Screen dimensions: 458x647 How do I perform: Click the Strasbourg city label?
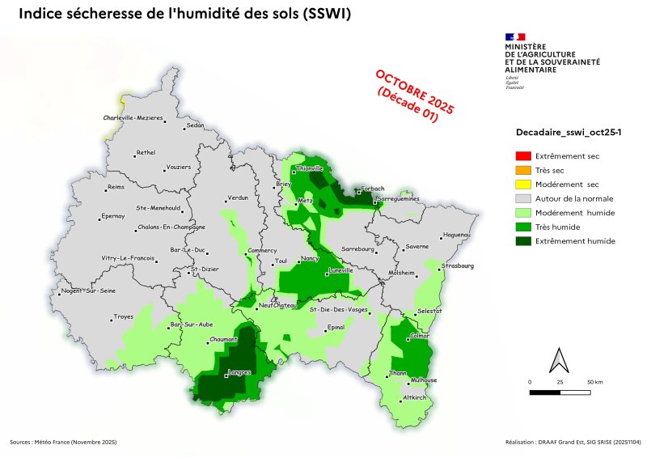click(x=459, y=265)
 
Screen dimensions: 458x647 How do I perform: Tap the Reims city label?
click(x=117, y=189)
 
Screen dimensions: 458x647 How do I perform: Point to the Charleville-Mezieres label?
click(x=133, y=118)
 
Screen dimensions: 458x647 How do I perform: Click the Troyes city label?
click(x=124, y=316)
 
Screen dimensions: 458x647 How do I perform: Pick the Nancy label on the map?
click(x=310, y=258)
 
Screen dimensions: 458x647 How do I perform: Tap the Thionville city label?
click(x=309, y=168)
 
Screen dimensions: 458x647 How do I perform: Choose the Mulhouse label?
click(x=424, y=380)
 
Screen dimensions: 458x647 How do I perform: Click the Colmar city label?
click(x=421, y=336)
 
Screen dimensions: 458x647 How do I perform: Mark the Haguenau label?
click(x=458, y=235)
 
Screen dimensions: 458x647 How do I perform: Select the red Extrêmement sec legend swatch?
click(x=523, y=155)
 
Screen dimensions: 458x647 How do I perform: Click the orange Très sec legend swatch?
click(x=523, y=170)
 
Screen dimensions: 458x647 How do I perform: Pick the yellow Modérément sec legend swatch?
click(x=523, y=184)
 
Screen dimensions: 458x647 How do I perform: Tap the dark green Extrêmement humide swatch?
click(x=523, y=241)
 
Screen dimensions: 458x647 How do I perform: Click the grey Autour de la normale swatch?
click(x=523, y=198)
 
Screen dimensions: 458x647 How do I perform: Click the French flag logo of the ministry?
click(x=515, y=36)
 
